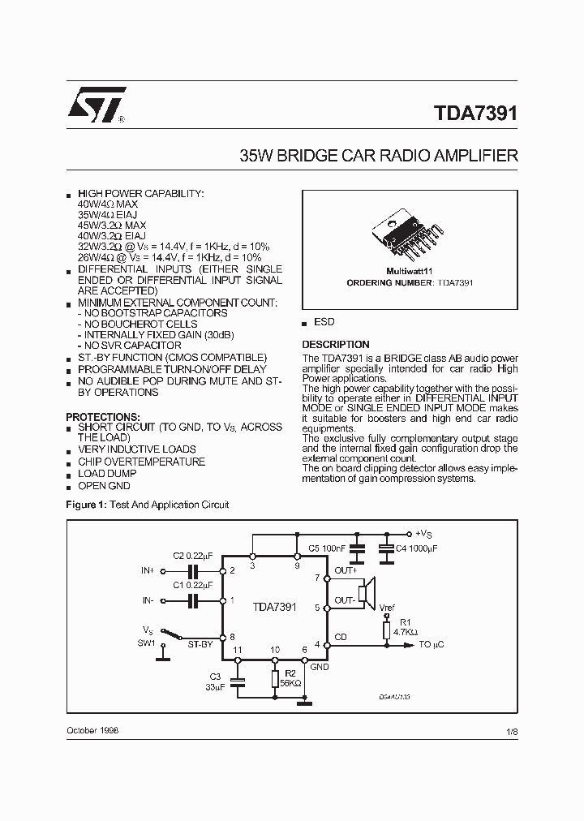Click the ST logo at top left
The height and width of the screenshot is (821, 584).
click(96, 105)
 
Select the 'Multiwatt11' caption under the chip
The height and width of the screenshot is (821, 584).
click(409, 272)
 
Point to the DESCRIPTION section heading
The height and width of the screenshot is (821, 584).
click(335, 344)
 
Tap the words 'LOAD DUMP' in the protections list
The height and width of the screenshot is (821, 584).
click(107, 474)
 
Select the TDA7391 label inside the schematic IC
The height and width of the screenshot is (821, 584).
click(274, 607)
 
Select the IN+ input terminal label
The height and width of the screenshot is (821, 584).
click(147, 570)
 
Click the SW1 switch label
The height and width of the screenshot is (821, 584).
click(146, 643)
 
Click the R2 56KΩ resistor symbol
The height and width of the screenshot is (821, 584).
click(276, 679)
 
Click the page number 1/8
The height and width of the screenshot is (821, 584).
click(511, 731)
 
